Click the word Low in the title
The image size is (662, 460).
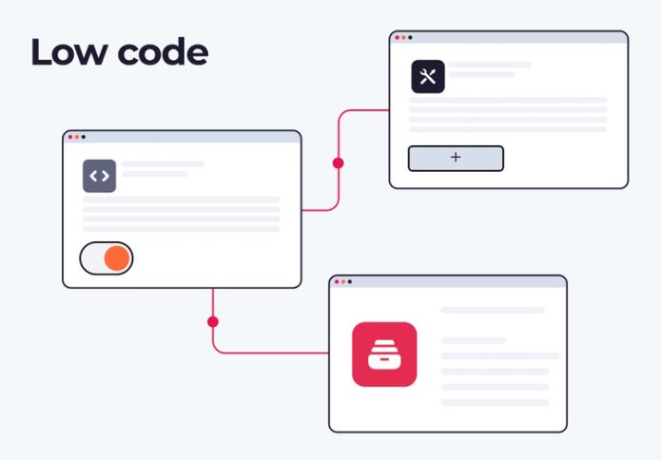tap(69, 51)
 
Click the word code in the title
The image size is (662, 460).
tap(163, 51)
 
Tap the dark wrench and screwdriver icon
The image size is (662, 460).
tap(428, 76)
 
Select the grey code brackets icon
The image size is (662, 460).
tap(99, 176)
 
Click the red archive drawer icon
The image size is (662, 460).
tap(384, 355)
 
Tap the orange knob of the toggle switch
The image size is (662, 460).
tap(117, 259)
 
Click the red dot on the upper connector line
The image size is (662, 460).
tap(339, 163)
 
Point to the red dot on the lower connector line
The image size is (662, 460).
tap(213, 322)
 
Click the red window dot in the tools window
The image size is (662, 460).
tap(397, 38)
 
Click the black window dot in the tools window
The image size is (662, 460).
tap(410, 38)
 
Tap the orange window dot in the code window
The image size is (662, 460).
tap(77, 137)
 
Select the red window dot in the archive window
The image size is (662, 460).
tap(337, 281)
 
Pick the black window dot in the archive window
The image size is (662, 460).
tap(350, 281)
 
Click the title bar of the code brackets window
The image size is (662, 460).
tap(182, 137)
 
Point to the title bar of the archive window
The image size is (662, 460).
tap(448, 281)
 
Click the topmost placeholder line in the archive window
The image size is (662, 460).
tap(493, 310)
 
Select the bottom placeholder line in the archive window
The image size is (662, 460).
tap(495, 403)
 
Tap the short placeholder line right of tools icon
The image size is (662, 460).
tap(481, 75)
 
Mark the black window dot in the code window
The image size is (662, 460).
tap(84, 137)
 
